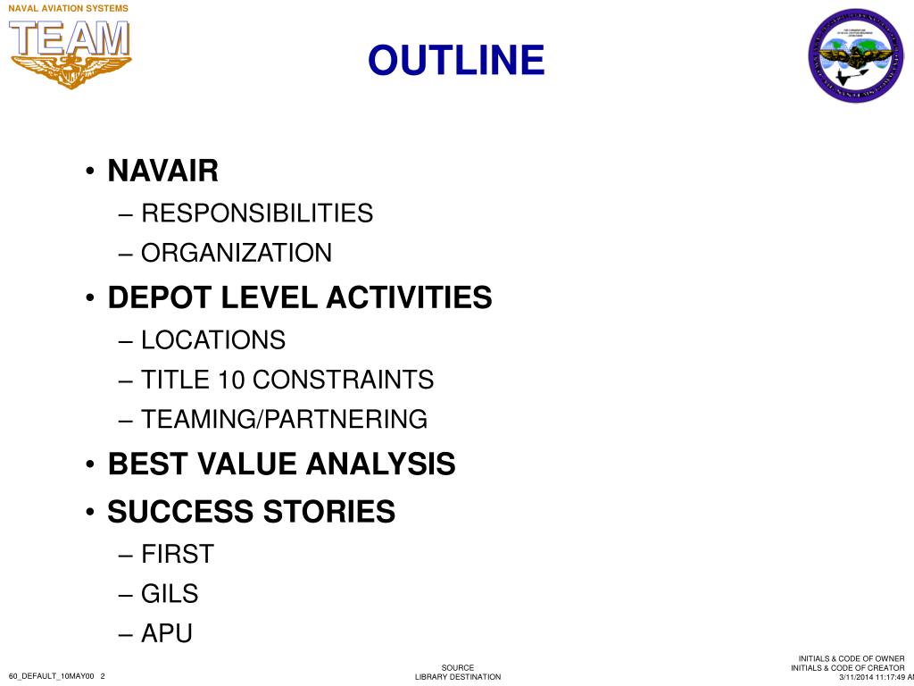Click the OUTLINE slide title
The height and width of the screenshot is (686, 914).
pyautogui.click(x=456, y=61)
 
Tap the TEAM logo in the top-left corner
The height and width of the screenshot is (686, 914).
pyautogui.click(x=71, y=52)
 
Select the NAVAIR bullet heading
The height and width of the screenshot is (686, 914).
pyautogui.click(x=162, y=170)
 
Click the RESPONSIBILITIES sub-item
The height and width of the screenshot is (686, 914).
pyautogui.click(x=257, y=213)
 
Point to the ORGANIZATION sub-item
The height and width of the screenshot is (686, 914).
pyautogui.click(x=237, y=253)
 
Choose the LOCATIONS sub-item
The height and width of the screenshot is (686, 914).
pyautogui.click(x=213, y=340)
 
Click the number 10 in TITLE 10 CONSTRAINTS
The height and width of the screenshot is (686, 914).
pyautogui.click(x=231, y=380)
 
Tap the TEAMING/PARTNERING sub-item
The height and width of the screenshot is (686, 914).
pyautogui.click(x=284, y=419)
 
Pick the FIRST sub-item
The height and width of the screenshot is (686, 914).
pyautogui.click(x=178, y=554)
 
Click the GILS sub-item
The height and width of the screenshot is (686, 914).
pyautogui.click(x=170, y=594)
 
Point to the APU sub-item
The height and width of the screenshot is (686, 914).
pyautogui.click(x=167, y=633)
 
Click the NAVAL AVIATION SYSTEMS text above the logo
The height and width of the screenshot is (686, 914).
pyautogui.click(x=68, y=8)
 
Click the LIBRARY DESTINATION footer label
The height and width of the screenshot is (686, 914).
pyautogui.click(x=458, y=677)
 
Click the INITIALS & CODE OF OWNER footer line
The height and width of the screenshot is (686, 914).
pyautogui.click(x=851, y=659)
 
